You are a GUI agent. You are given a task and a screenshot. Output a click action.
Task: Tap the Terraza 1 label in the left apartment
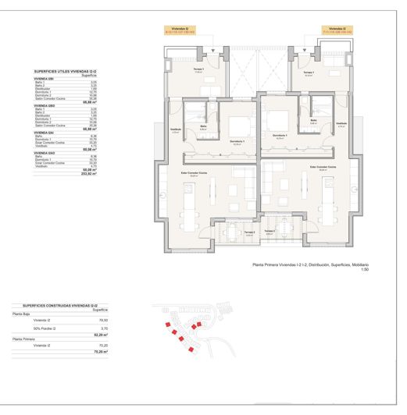coord(199,70)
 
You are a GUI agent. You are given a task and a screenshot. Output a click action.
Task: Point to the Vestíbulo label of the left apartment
coord(176,129)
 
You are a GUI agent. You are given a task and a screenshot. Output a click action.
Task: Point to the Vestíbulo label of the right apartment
coord(341,123)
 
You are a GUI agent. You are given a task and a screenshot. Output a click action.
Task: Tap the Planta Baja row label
coord(21,314)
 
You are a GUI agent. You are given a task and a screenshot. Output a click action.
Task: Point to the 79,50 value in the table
coord(103,321)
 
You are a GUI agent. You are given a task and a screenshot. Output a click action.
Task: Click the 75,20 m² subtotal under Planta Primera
coord(100,352)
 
